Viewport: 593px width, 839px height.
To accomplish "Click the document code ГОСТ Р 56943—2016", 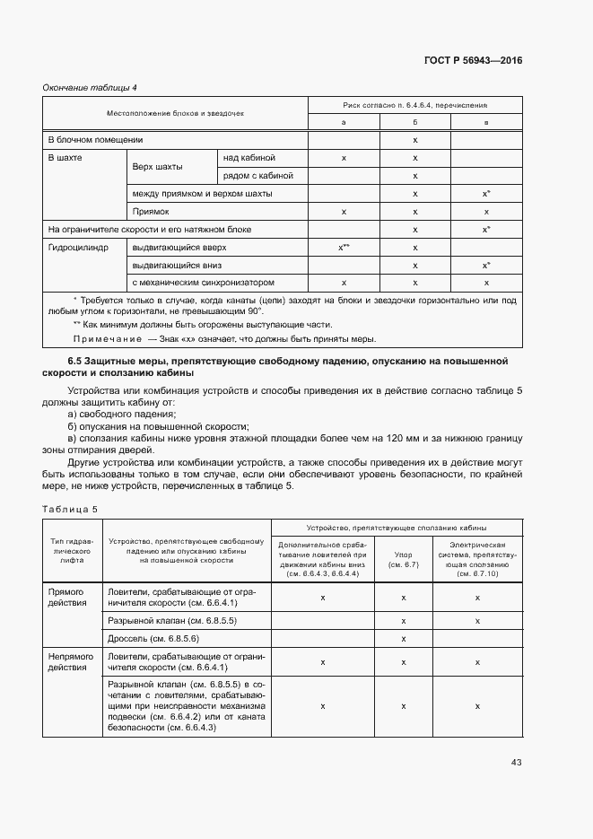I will point(473,61).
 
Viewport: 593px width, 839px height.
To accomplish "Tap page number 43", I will point(516,762).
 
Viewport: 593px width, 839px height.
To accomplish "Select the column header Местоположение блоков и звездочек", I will point(175,114).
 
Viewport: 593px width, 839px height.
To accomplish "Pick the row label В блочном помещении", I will point(95,140).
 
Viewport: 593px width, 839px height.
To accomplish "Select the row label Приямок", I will point(151,212).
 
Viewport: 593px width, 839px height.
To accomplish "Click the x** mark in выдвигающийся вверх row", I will point(344,247).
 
